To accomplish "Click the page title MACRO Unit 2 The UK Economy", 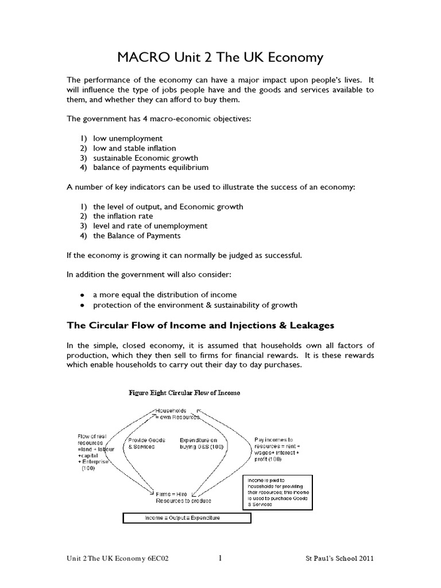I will coord(220,58).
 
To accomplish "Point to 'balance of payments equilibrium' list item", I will coord(150,168).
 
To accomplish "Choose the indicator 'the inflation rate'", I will coord(123,216).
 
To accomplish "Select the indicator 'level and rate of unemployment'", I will coord(150,226).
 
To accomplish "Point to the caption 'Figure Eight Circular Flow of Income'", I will coord(184,393).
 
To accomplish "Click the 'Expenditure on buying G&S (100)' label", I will coord(203,443).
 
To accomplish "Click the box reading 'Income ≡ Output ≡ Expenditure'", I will coord(187,518).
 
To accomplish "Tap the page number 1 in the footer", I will coord(220,558).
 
